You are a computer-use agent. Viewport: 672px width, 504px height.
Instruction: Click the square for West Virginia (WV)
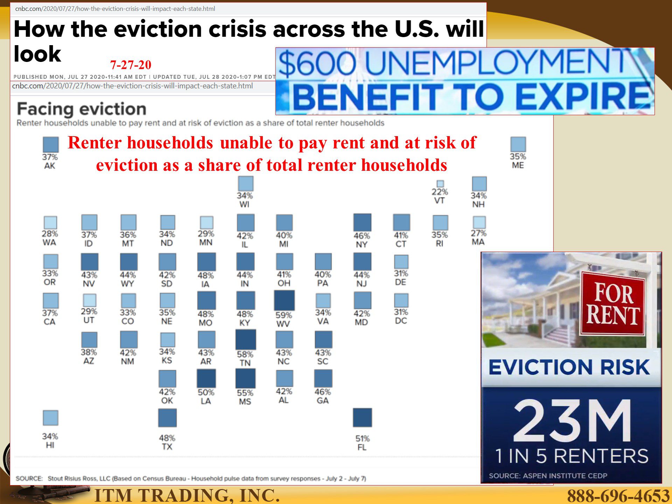(x=284, y=300)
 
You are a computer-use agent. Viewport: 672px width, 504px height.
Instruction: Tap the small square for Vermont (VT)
(x=440, y=184)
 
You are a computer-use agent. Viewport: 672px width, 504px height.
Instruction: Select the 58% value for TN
(x=245, y=354)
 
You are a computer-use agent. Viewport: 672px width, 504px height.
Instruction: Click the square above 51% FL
(x=362, y=418)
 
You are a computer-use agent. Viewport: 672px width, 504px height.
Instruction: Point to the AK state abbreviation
(x=50, y=166)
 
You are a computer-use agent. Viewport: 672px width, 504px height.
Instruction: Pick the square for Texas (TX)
(x=167, y=418)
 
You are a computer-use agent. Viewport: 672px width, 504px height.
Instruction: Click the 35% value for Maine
(x=518, y=156)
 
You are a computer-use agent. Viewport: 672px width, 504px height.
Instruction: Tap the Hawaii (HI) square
(x=50, y=418)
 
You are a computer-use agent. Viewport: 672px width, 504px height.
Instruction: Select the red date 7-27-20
(x=131, y=65)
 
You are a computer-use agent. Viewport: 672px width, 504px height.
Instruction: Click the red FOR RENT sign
(x=613, y=303)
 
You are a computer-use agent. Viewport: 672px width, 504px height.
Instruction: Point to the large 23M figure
(x=572, y=421)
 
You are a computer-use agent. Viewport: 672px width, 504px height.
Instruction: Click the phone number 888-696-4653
(x=618, y=495)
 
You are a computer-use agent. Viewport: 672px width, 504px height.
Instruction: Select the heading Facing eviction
(x=82, y=109)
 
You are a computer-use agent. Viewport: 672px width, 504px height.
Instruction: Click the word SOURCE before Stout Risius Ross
(x=29, y=478)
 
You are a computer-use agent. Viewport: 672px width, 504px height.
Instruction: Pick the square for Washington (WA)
(x=50, y=223)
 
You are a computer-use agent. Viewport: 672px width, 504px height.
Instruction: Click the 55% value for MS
(x=245, y=393)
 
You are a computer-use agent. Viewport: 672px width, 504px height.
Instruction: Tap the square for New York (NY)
(x=362, y=223)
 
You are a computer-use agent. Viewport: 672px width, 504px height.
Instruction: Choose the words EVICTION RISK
(x=569, y=367)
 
